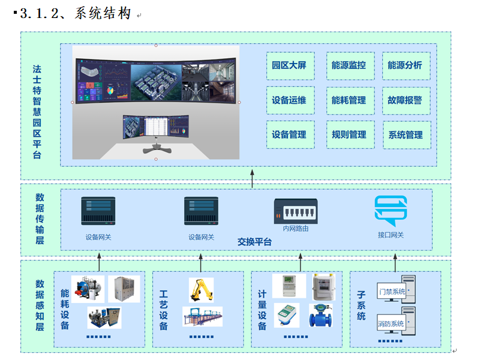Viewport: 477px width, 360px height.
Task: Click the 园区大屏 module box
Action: tap(289, 65)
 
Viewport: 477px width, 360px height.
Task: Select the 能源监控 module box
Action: tap(349, 65)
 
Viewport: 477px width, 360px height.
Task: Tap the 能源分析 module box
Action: tap(405, 65)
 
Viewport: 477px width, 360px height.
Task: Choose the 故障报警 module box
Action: tap(405, 100)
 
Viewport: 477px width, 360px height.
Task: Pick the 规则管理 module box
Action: tap(349, 134)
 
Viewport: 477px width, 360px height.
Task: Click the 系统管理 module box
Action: tap(405, 135)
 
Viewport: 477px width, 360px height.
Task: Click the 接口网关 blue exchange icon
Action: tap(391, 210)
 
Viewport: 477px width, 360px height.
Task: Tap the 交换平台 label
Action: tap(254, 242)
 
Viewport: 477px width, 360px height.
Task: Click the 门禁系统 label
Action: tap(392, 292)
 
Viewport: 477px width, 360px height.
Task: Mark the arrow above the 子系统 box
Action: tap(395, 261)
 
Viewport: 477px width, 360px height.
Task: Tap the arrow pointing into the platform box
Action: tap(252, 178)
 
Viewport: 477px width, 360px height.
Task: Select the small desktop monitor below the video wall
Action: tap(155, 128)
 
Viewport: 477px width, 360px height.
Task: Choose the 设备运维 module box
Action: tap(289, 100)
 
